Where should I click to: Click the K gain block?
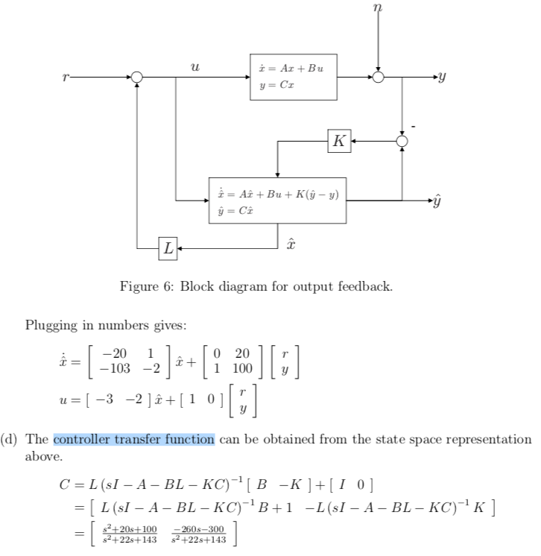tap(339, 141)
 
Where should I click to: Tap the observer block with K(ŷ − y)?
tap(277, 200)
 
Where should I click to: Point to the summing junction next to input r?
tap(137, 76)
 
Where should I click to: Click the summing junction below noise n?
tap(379, 76)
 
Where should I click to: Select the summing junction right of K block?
tap(402, 141)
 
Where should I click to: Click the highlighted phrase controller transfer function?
tap(134, 439)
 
